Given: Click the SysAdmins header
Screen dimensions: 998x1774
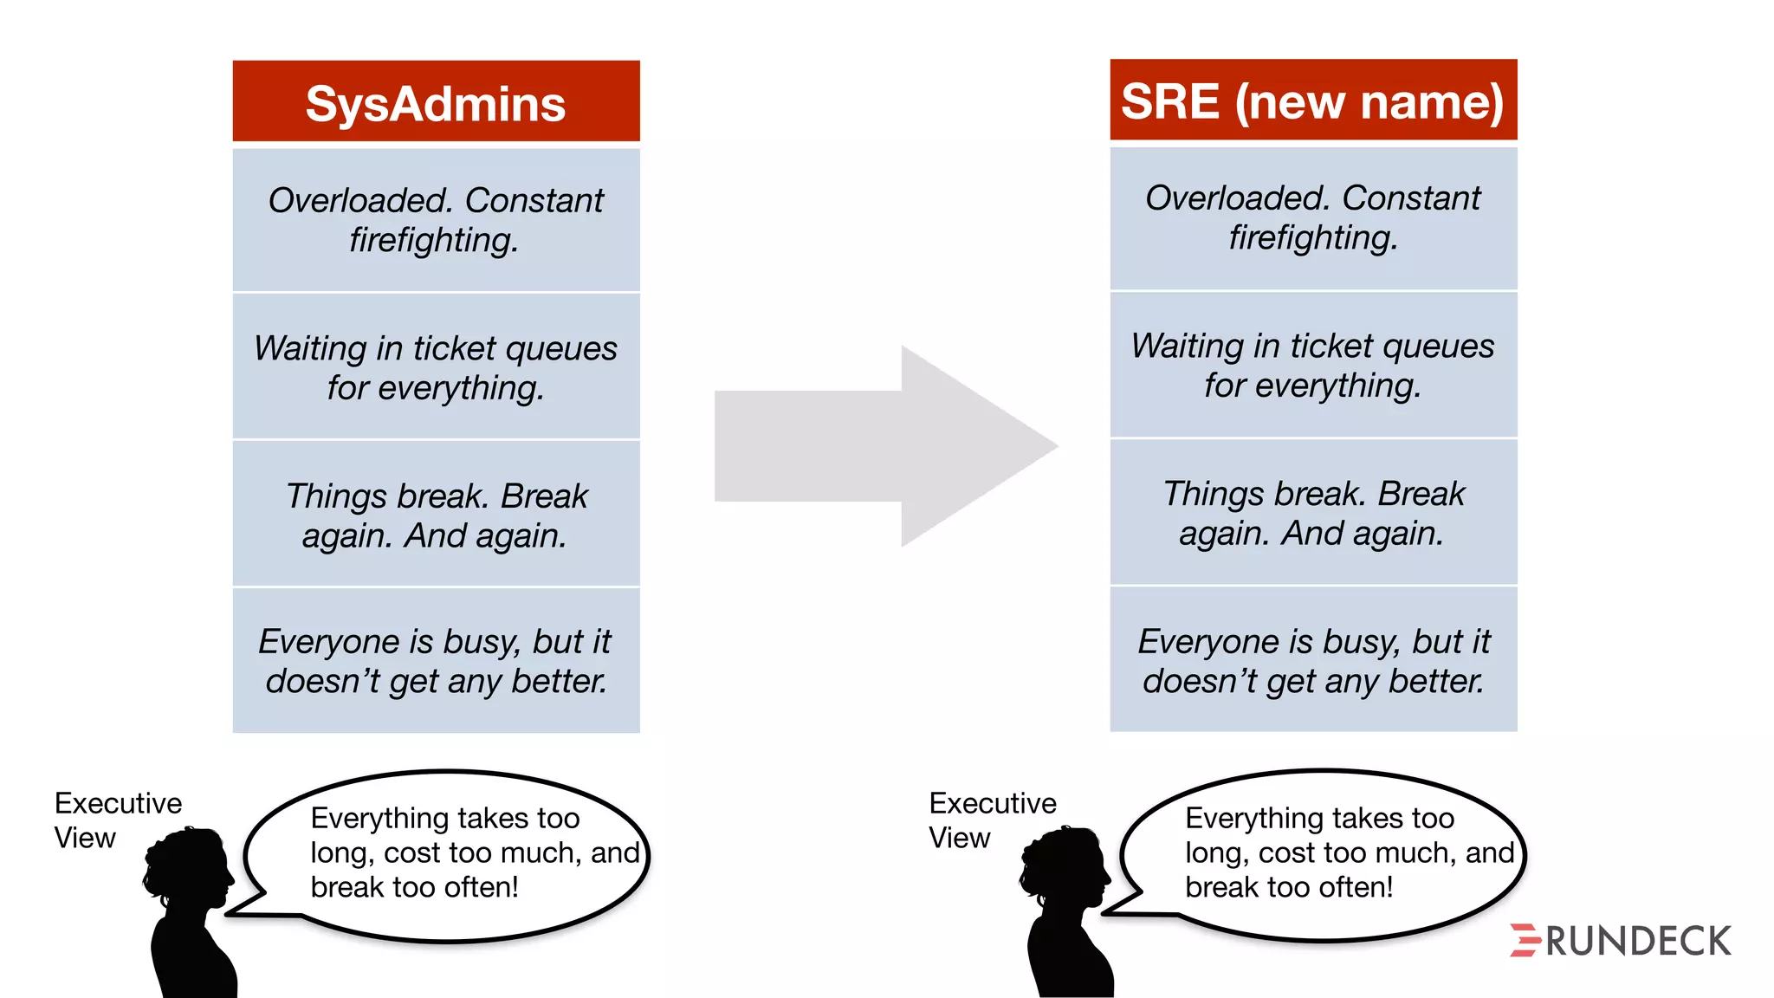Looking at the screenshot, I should pyautogui.click(x=436, y=101).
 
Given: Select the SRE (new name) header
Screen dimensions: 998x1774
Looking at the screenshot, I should pyautogui.click(x=1313, y=100).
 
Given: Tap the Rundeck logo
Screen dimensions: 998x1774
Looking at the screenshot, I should pyautogui.click(x=1621, y=941).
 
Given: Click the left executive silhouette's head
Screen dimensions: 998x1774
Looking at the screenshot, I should pyautogui.click(x=190, y=867).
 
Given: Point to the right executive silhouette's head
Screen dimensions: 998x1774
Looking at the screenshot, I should pyautogui.click(x=1066, y=867).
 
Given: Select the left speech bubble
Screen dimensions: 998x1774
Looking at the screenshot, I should pyautogui.click(x=446, y=854).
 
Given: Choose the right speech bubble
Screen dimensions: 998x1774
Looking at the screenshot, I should pyautogui.click(x=1323, y=854).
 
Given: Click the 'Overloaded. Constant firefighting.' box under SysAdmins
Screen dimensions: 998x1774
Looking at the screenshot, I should pyautogui.click(x=436, y=220).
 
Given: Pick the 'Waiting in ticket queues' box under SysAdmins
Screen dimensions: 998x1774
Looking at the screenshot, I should pyautogui.click(x=436, y=367).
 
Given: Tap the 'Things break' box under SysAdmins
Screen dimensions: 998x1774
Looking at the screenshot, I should pyautogui.click(x=436, y=515).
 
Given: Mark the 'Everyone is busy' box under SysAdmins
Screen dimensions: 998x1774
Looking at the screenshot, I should pyautogui.click(x=436, y=661).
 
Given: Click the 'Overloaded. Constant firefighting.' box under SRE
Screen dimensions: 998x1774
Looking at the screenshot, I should pyautogui.click(x=1313, y=217).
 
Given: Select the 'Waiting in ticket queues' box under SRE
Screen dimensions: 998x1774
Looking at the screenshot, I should pyautogui.click(x=1313, y=365).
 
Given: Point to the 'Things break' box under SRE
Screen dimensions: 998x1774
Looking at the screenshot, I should pyautogui.click(x=1313, y=513).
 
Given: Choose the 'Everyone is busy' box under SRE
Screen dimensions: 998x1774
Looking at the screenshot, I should pyautogui.click(x=1313, y=660).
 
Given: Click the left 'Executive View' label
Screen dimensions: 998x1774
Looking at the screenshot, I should pyautogui.click(x=118, y=820).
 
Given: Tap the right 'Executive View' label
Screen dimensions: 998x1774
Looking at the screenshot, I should pyautogui.click(x=993, y=820).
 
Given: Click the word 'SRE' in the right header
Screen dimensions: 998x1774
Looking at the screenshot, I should pyautogui.click(x=1170, y=101).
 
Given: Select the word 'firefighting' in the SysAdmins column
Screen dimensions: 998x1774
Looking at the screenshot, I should pyautogui.click(x=433, y=240).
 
